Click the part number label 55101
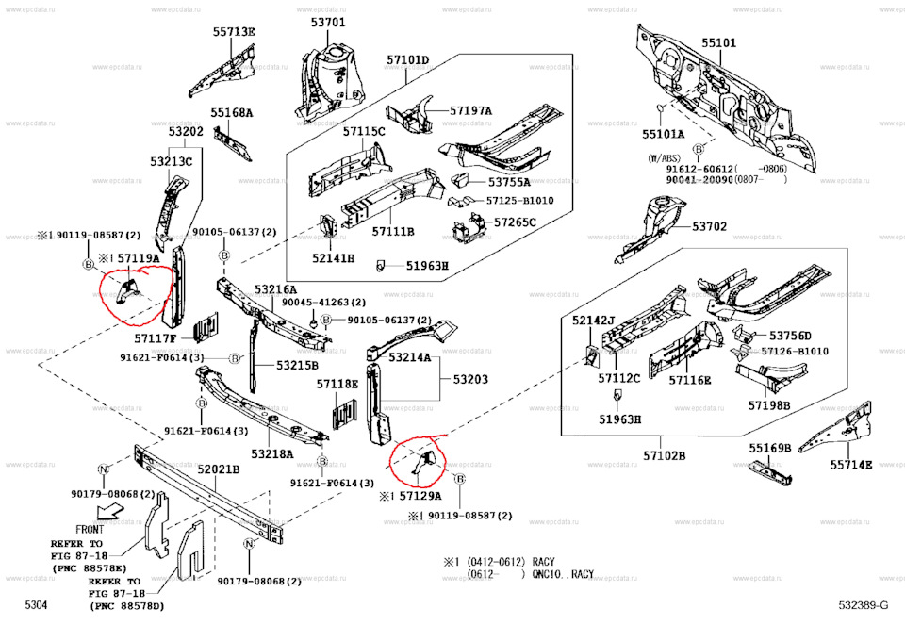pos(718,43)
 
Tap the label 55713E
pos(233,31)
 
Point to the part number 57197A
pos(470,110)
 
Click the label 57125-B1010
pos(519,201)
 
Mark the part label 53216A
pos(276,289)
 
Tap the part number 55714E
pos(851,464)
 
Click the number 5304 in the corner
pos(36,603)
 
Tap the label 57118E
pos(337,384)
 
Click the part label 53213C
pos(171,161)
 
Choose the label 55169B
pos(771,448)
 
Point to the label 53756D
pos(790,336)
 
